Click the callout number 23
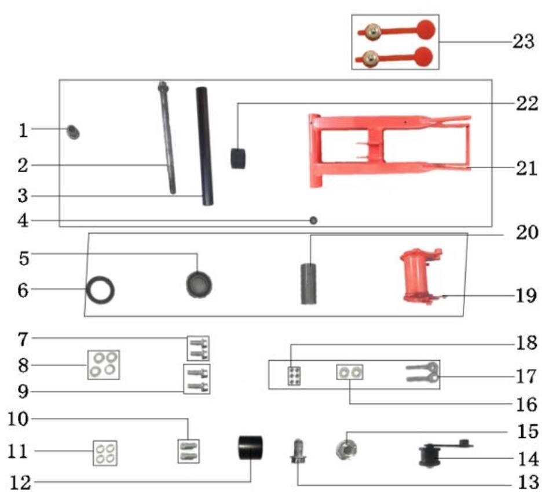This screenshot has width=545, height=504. click(x=522, y=42)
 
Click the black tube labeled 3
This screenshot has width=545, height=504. click(x=203, y=145)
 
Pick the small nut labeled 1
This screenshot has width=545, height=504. click(x=74, y=132)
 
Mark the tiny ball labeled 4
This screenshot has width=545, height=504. click(x=313, y=220)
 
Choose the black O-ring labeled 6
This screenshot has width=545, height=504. click(x=100, y=289)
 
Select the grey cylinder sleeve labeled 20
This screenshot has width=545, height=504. click(x=309, y=284)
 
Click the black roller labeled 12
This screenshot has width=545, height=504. click(x=251, y=448)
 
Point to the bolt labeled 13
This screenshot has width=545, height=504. click(x=298, y=451)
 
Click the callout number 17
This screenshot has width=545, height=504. click(x=527, y=376)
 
